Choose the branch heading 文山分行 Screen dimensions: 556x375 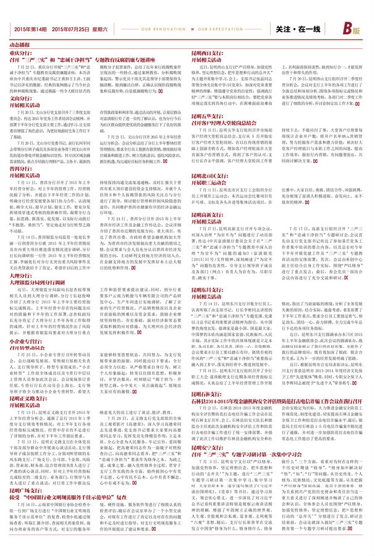(20, 98)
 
